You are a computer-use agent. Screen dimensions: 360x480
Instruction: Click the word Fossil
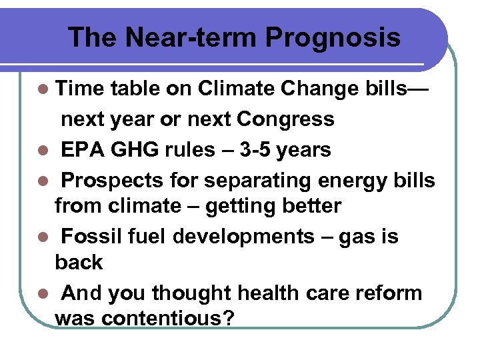[94, 236]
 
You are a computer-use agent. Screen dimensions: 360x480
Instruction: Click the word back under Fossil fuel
[79, 263]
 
